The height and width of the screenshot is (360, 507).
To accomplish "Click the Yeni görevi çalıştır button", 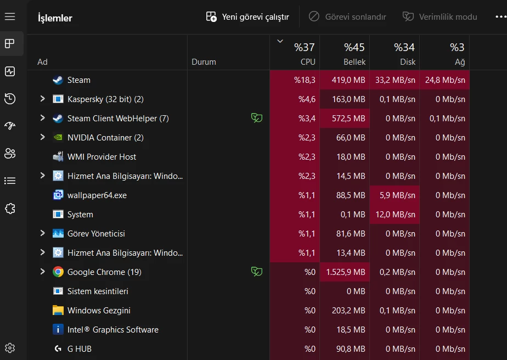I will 247,17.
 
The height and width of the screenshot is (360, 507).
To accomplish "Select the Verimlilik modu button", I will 440,17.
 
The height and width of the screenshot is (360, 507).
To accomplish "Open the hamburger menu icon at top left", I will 10,17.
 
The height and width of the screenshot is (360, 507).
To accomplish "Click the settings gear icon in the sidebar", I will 10,348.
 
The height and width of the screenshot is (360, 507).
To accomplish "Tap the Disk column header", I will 395,53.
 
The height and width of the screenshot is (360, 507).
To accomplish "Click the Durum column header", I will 204,62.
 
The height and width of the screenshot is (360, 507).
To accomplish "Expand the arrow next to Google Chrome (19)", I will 42,272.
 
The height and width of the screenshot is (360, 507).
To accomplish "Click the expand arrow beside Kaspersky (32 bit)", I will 42,99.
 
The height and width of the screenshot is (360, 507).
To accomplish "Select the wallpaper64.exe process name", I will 97,195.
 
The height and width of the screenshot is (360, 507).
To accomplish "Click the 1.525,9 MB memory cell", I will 345,272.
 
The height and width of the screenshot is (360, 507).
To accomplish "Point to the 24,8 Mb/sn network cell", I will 445,80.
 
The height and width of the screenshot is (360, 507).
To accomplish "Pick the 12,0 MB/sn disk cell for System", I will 395,215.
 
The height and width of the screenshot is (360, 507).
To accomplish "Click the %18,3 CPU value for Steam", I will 305,80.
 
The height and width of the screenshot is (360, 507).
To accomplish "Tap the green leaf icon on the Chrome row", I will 256,272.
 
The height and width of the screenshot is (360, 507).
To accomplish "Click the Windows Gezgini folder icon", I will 58,311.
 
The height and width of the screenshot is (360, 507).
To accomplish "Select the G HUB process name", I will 80,349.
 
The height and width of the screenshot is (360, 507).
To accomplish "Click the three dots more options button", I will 500,17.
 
